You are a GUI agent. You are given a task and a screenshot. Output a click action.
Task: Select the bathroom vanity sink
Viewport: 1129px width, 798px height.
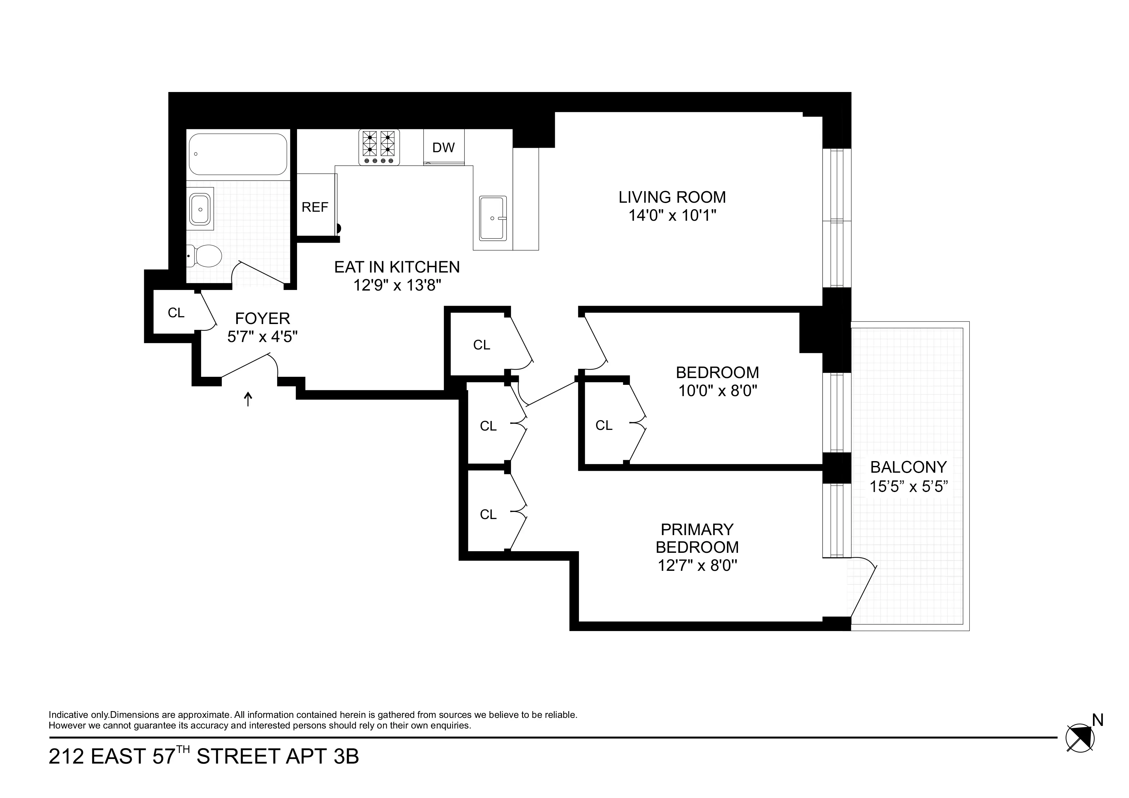(x=200, y=209)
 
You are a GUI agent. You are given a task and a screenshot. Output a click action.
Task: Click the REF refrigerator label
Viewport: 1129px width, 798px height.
(x=315, y=207)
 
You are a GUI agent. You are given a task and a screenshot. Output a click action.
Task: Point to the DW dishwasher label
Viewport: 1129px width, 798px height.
(x=443, y=147)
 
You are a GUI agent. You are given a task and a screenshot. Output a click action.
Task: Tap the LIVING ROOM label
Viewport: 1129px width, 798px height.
(x=672, y=197)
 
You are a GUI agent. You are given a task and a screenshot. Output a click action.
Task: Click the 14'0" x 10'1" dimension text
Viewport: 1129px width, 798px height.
(x=672, y=215)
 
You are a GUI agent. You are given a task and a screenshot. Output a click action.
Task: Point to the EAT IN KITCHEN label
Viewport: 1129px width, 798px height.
(x=397, y=267)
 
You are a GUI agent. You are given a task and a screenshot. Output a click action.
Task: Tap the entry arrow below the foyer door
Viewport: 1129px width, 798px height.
(x=248, y=399)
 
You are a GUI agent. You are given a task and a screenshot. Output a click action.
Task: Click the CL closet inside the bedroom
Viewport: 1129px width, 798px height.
(x=604, y=425)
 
